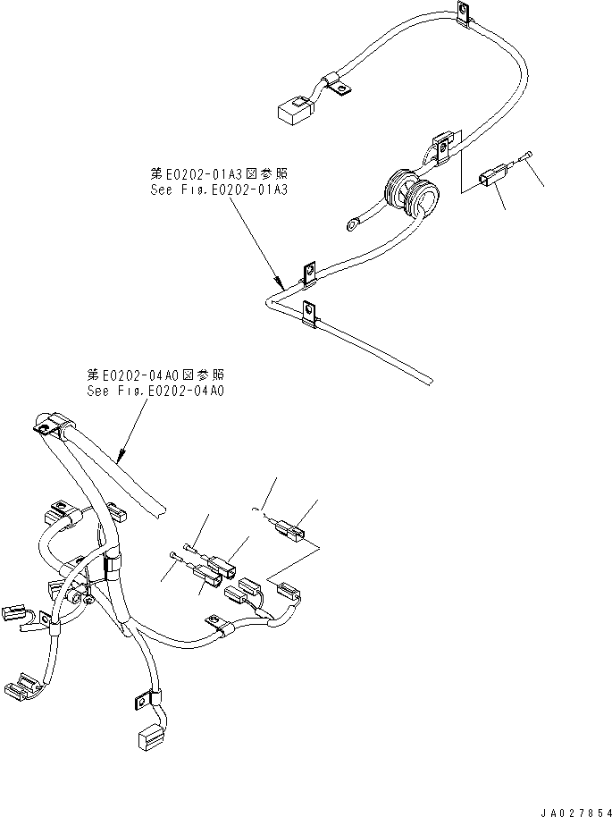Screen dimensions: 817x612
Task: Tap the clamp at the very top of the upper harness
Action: tap(463, 12)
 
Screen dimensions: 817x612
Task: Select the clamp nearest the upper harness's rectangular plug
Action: tap(336, 84)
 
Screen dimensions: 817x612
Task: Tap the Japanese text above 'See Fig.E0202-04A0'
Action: tap(155, 375)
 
